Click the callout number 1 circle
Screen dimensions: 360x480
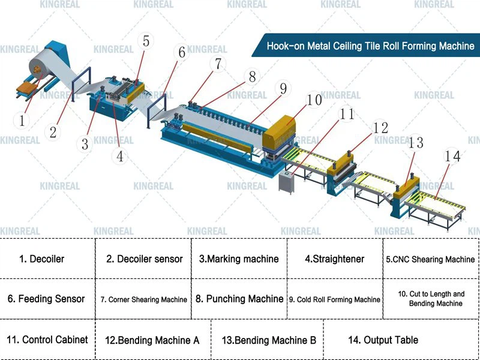click(22, 121)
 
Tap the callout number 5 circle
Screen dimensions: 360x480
click(146, 41)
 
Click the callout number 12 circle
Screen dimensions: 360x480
click(380, 128)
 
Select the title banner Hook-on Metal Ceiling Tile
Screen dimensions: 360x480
click(370, 46)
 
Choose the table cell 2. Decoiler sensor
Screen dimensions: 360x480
click(145, 259)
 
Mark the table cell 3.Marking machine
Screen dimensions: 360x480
click(239, 259)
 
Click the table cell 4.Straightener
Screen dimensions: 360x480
click(334, 259)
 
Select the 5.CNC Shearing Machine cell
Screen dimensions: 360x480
click(430, 260)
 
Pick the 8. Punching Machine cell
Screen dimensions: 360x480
click(239, 299)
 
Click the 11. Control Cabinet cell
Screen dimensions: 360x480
click(47, 340)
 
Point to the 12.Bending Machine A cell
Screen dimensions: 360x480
click(152, 340)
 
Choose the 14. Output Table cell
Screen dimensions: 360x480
click(383, 340)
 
